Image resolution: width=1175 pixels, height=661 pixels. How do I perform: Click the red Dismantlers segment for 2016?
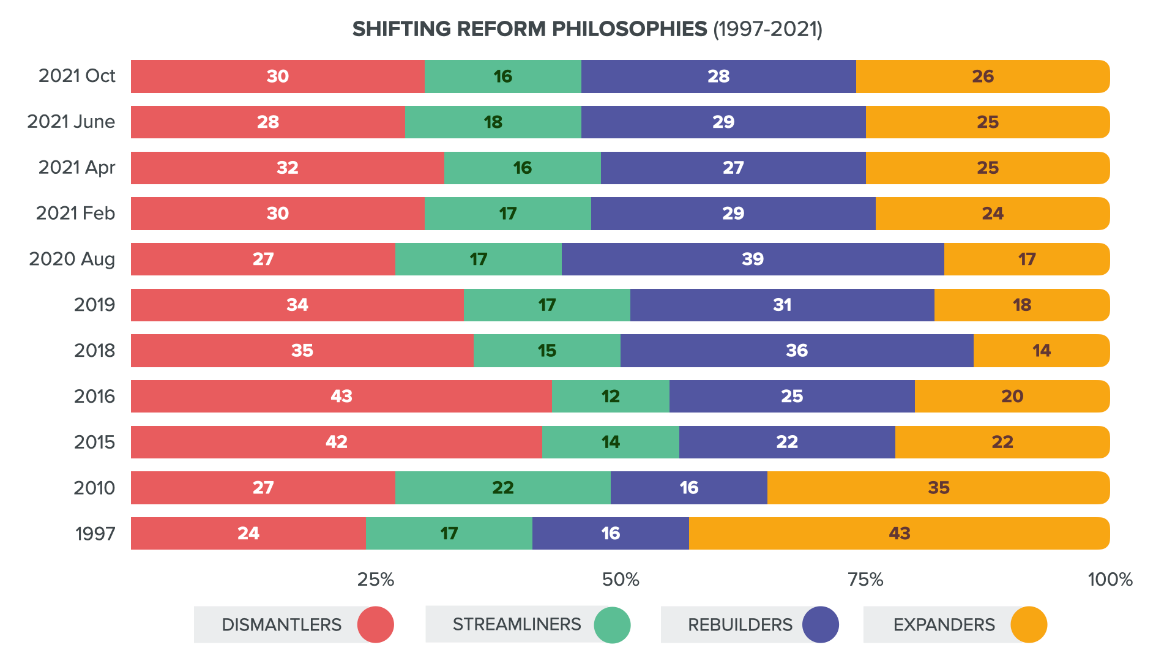click(x=341, y=396)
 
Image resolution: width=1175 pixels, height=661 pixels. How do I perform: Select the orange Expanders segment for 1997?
click(x=899, y=533)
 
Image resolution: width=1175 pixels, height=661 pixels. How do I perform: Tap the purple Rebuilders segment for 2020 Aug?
click(x=752, y=259)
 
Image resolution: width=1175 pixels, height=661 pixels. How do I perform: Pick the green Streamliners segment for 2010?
click(x=502, y=488)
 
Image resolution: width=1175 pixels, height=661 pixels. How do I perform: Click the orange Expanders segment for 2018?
click(x=1041, y=351)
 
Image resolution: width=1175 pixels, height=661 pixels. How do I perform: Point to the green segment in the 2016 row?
click(x=610, y=396)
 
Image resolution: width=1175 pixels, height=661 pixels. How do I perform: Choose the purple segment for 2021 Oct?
click(x=718, y=77)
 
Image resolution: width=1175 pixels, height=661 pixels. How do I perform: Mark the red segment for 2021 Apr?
click(x=287, y=168)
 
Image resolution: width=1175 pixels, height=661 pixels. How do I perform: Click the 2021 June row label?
click(x=71, y=122)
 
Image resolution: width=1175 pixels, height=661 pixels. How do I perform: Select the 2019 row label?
click(x=94, y=305)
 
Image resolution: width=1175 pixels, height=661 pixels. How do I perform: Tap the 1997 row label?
click(x=95, y=534)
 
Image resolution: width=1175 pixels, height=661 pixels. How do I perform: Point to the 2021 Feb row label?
click(x=75, y=213)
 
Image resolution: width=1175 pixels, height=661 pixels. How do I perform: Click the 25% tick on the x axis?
click(x=376, y=580)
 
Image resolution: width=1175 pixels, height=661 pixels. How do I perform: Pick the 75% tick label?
click(x=865, y=580)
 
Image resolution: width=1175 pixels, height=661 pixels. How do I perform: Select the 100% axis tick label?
click(x=1110, y=580)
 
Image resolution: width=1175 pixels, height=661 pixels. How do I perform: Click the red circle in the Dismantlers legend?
click(x=375, y=625)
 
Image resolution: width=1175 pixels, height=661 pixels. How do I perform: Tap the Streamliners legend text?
click(x=517, y=624)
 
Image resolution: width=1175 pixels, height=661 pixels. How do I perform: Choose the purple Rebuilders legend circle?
click(x=820, y=625)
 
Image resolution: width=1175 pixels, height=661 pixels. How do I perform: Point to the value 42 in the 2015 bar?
click(x=336, y=442)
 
